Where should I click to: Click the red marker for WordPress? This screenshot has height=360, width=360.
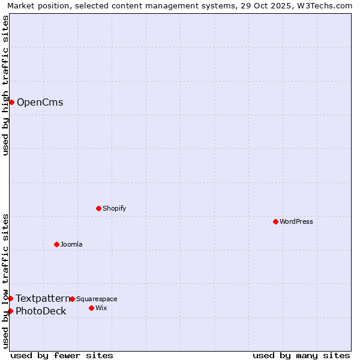click(x=275, y=221)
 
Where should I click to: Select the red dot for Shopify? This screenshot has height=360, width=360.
click(x=98, y=208)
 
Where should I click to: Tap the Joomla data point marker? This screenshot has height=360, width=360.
click(x=56, y=244)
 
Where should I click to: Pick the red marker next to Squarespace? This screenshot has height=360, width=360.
click(x=72, y=299)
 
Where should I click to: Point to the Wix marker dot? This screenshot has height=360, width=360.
click(x=91, y=308)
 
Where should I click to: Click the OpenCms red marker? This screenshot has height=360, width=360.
click(x=11, y=102)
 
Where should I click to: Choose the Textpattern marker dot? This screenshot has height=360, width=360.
click(x=10, y=298)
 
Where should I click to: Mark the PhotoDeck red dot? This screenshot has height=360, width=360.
click(x=10, y=311)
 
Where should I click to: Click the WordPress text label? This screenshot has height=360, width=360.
click(x=296, y=221)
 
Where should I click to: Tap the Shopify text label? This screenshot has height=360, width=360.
click(x=114, y=208)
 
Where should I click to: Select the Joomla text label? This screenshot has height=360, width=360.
click(x=71, y=244)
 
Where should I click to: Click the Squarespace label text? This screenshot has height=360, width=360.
click(x=97, y=299)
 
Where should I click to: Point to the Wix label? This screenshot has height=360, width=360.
click(x=101, y=308)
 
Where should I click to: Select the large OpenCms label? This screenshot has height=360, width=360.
click(x=40, y=102)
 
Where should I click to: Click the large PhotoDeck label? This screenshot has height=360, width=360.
click(x=41, y=311)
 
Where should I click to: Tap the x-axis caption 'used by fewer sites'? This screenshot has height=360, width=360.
click(x=62, y=355)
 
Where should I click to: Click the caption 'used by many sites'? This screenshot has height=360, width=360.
click(x=301, y=355)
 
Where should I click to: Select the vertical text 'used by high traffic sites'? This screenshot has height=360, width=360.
click(x=5, y=85)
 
